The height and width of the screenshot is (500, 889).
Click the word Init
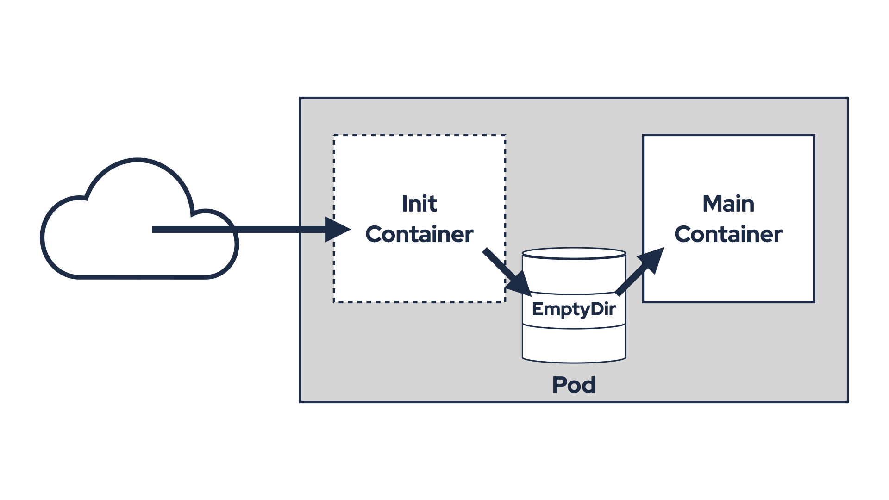(x=419, y=204)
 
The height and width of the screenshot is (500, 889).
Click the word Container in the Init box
(x=419, y=234)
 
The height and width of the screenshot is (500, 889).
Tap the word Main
(x=728, y=204)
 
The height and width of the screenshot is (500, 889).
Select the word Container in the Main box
(x=728, y=234)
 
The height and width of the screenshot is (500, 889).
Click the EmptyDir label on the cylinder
(x=574, y=309)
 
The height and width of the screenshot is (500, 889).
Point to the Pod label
(x=574, y=385)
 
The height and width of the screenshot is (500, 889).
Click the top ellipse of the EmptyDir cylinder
(x=574, y=253)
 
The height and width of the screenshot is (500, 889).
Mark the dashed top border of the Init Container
(x=419, y=135)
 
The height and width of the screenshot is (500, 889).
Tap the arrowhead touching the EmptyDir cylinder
(x=520, y=284)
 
